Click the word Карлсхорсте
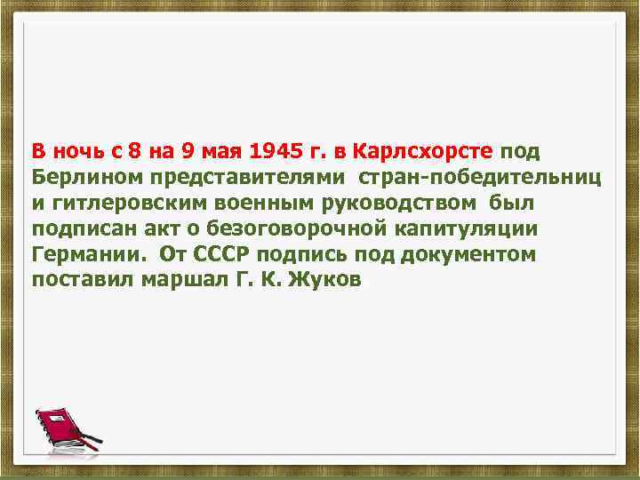[x=430, y=148]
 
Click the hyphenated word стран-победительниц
[x=480, y=175]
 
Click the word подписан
[x=74, y=228]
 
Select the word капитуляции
[x=452, y=228]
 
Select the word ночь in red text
[x=75, y=148]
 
